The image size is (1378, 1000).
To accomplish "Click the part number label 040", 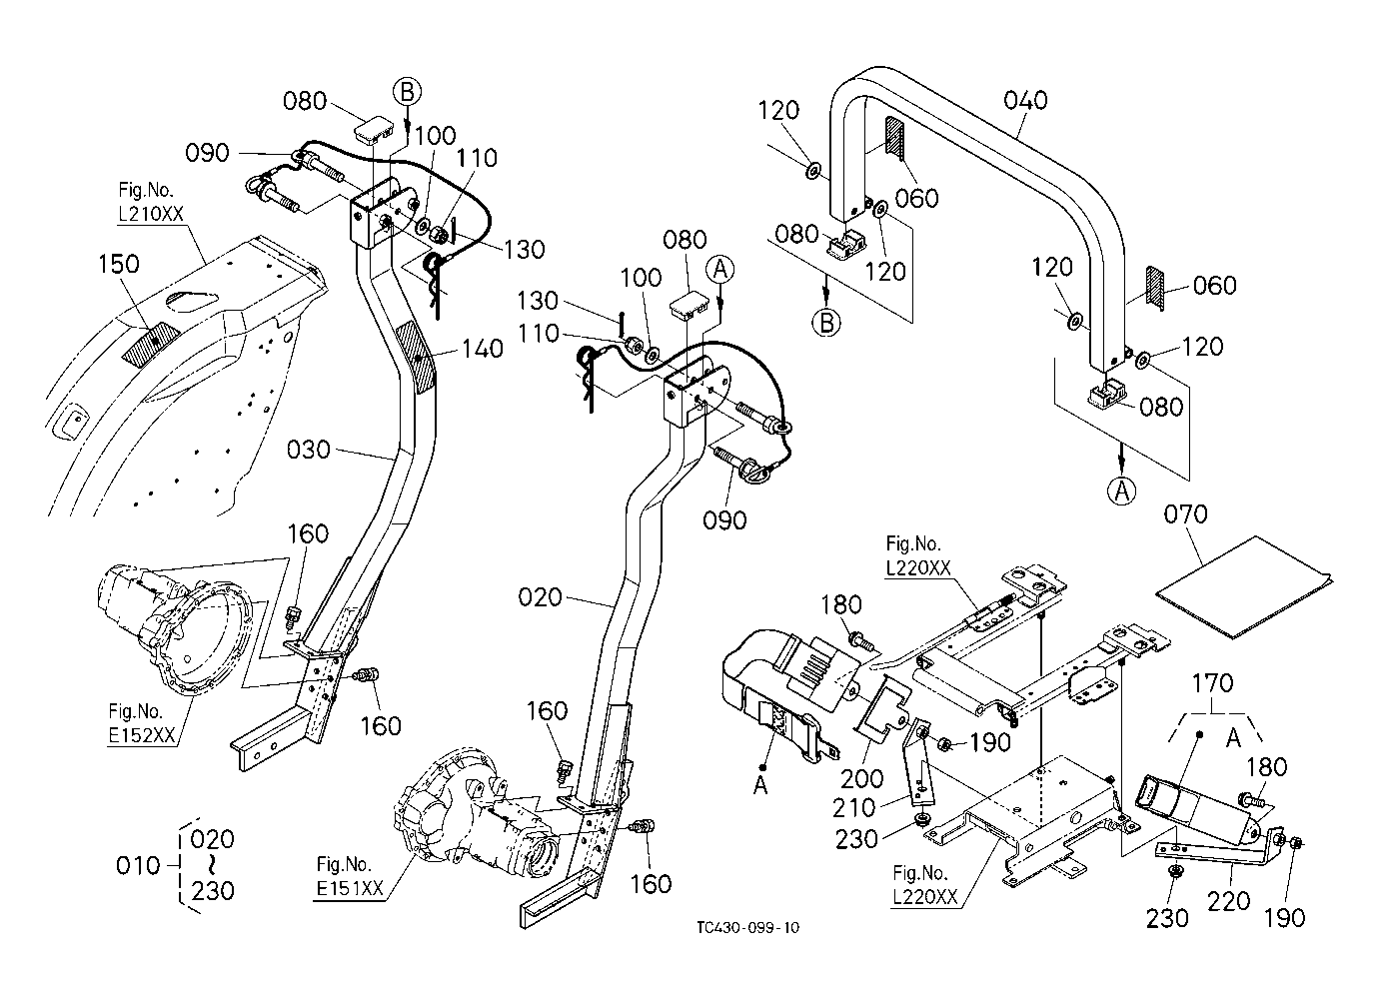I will click(x=1026, y=100).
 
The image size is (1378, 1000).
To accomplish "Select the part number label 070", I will click(x=1186, y=514).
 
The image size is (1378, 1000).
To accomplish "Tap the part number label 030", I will click(x=308, y=450).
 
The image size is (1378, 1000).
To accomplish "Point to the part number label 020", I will click(x=541, y=598).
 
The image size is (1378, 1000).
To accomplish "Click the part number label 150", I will click(x=119, y=264).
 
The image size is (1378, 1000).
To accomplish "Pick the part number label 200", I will click(x=861, y=778).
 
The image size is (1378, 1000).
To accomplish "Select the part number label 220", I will click(x=1228, y=900).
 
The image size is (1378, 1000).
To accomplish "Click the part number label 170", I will click(x=1213, y=683).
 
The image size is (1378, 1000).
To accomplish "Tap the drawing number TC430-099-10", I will click(x=749, y=927).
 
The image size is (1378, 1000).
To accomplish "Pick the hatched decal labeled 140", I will click(x=417, y=357).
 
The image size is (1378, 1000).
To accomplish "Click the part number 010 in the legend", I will click(x=138, y=864).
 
